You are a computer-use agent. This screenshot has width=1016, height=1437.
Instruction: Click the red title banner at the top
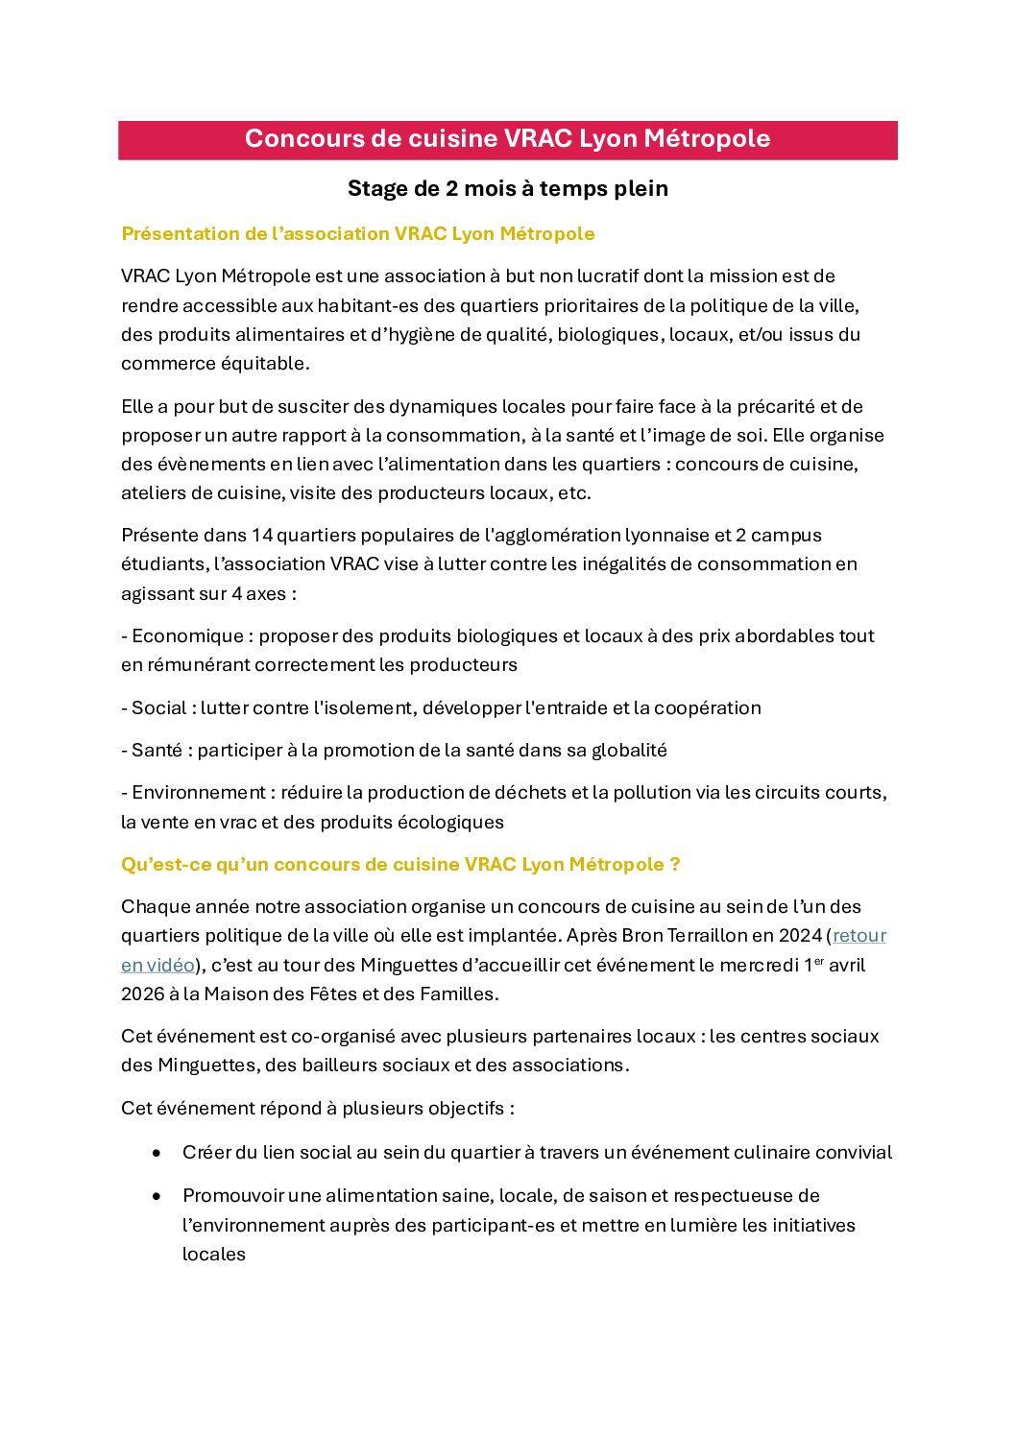pyautogui.click(x=507, y=139)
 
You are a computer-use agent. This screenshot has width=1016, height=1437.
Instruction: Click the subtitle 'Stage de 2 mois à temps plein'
pyautogui.click(x=507, y=188)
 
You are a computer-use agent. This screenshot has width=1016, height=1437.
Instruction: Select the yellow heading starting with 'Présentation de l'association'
pyautogui.click(x=357, y=234)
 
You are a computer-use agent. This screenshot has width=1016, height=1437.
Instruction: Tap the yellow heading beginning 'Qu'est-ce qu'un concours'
pyautogui.click(x=400, y=864)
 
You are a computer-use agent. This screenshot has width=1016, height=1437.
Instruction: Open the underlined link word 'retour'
pyautogui.click(x=859, y=935)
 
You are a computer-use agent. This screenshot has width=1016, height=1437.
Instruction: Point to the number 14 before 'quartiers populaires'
pyautogui.click(x=262, y=535)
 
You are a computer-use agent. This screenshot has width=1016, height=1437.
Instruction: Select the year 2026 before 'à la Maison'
pyautogui.click(x=142, y=994)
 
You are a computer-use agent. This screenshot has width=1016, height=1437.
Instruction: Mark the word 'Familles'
pyautogui.click(x=457, y=994)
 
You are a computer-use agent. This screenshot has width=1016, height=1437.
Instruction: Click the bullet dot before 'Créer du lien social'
pyautogui.click(x=157, y=1153)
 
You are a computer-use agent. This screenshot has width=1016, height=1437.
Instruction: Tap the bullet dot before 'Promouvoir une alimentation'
pyautogui.click(x=157, y=1196)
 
